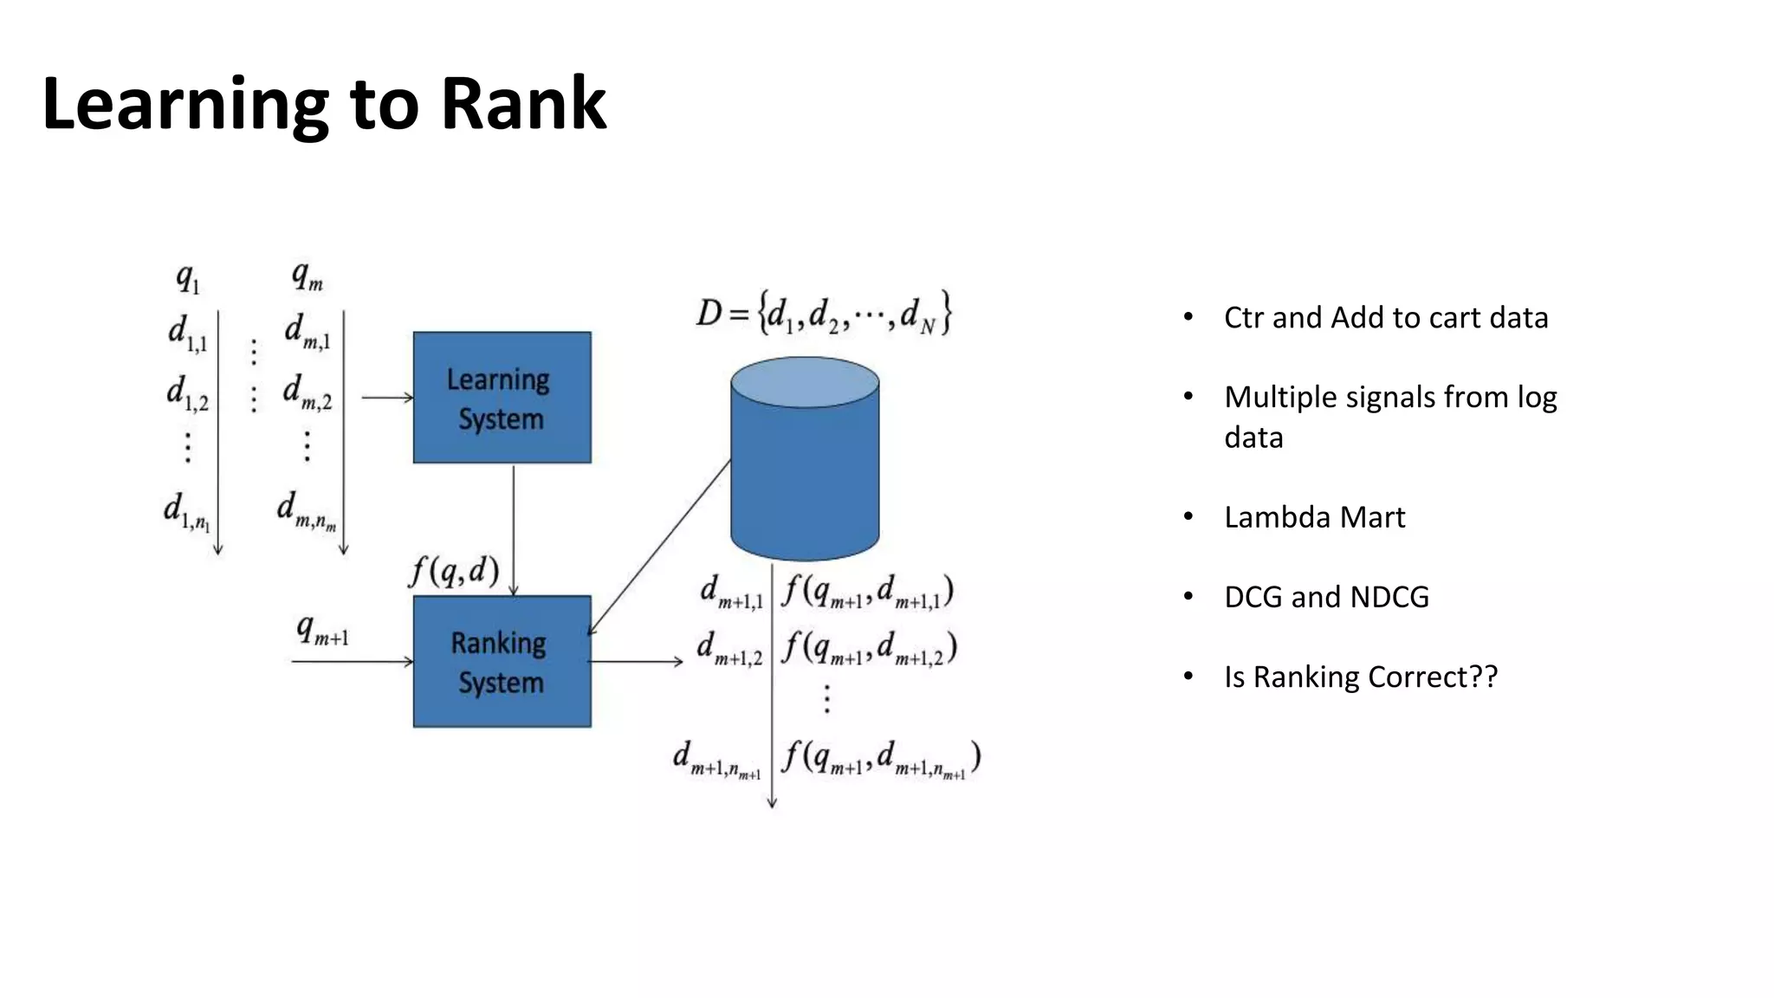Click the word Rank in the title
523,104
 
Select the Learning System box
502,398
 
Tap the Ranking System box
502,662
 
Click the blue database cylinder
805,468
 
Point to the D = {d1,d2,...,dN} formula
824,314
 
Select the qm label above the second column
307,277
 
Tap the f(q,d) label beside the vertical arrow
454,571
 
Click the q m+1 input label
321,631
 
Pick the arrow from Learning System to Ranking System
514,528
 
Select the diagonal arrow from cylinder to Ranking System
660,548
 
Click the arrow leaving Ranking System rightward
636,662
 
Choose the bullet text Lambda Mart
1314,517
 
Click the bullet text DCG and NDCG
1326,597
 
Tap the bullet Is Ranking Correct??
1360,677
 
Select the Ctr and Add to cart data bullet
1385,318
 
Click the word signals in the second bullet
1385,398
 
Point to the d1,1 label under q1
187,334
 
